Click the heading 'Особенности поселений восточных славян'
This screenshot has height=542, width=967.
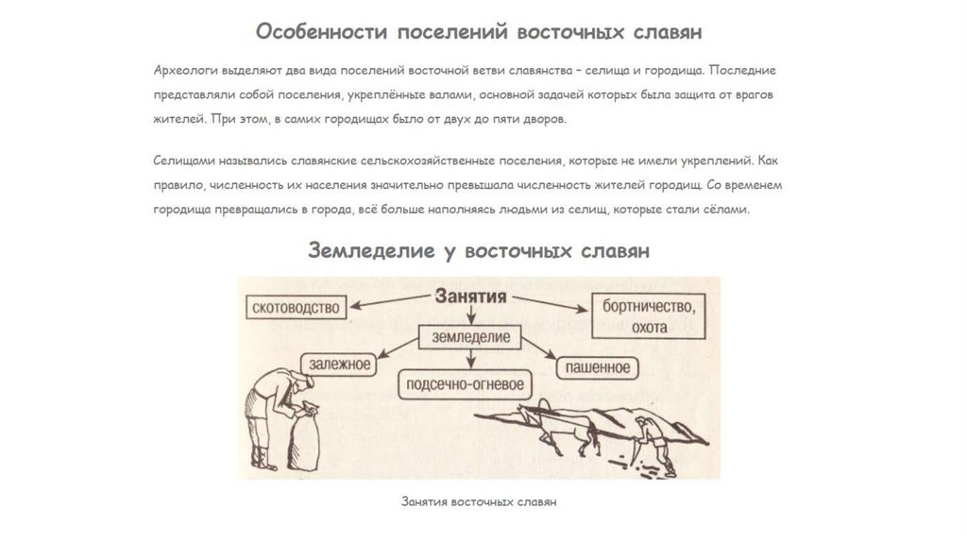[x=479, y=32]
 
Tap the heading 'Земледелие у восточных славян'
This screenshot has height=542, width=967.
[x=479, y=250]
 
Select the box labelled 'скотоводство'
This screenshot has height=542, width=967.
[x=296, y=306]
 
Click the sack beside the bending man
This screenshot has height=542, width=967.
[x=306, y=440]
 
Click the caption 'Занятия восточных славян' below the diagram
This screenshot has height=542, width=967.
[x=479, y=501]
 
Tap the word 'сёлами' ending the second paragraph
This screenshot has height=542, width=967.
[x=729, y=210]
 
